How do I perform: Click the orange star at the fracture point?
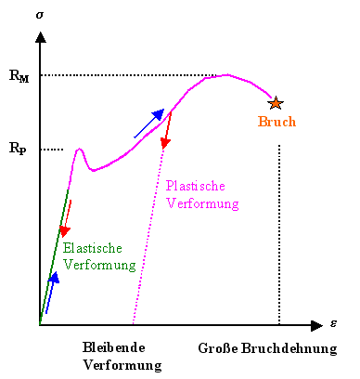(x=275, y=103)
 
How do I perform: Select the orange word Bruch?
(x=276, y=123)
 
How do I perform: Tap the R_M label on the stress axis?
(x=19, y=76)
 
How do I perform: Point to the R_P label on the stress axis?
(x=18, y=148)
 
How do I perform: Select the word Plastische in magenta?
(x=197, y=186)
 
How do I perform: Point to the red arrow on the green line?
(x=66, y=218)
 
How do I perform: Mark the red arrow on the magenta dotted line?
(x=167, y=130)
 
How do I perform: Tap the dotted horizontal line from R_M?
(x=130, y=75)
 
